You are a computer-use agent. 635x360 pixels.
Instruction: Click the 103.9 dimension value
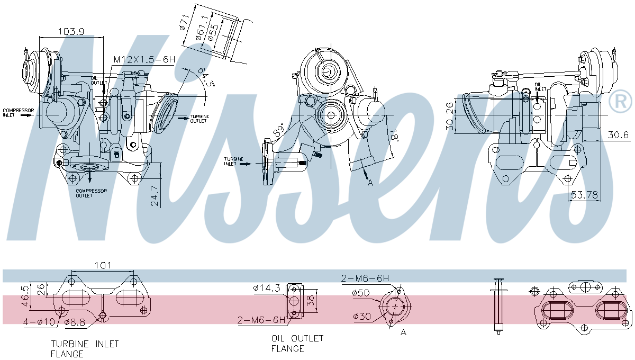71,31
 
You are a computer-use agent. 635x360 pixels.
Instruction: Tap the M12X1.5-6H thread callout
144,60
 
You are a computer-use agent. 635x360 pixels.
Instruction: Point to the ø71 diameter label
184,22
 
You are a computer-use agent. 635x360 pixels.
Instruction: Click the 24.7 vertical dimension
155,196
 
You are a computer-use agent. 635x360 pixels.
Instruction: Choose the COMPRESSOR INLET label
18,113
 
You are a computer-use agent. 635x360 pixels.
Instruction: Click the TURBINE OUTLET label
199,119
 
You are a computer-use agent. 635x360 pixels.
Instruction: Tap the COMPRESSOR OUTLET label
91,193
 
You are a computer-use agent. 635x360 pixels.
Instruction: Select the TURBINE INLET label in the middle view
233,161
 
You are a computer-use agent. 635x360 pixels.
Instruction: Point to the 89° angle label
279,129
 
